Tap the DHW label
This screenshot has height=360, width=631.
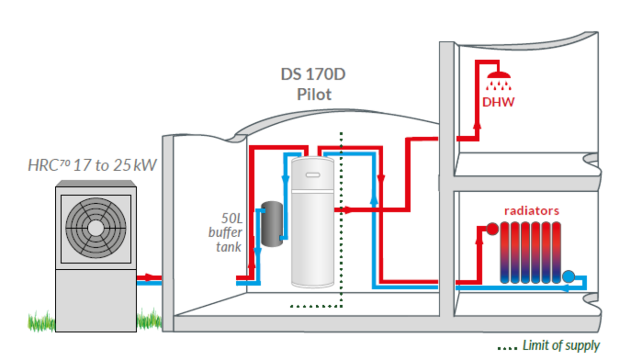click(x=499, y=102)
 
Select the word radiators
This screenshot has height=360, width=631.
click(x=531, y=211)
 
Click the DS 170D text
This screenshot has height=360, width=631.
click(x=313, y=74)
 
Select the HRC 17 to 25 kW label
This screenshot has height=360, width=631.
click(x=92, y=165)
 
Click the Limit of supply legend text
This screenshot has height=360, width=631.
click(x=561, y=346)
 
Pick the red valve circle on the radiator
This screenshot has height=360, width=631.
click(x=492, y=229)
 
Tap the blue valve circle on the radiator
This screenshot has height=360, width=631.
click(x=569, y=276)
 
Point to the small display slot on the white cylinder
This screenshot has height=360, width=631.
click(x=313, y=174)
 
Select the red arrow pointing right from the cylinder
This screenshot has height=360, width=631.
click(x=348, y=210)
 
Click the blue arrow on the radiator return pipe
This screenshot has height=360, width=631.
click(x=566, y=288)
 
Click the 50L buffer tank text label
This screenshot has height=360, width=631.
click(x=225, y=232)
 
